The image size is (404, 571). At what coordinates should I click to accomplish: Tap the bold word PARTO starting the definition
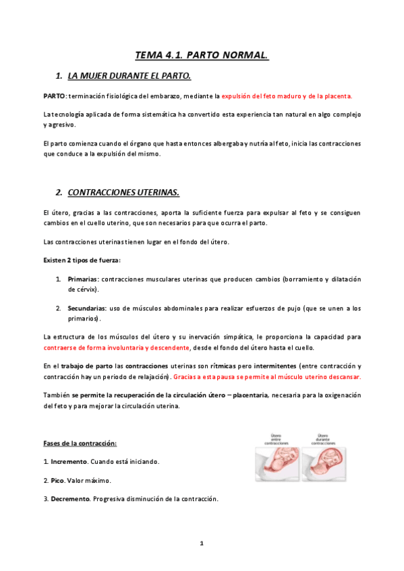[53, 96]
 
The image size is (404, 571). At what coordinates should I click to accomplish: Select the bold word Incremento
[69, 463]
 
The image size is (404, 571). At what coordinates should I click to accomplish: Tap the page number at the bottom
[201, 543]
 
